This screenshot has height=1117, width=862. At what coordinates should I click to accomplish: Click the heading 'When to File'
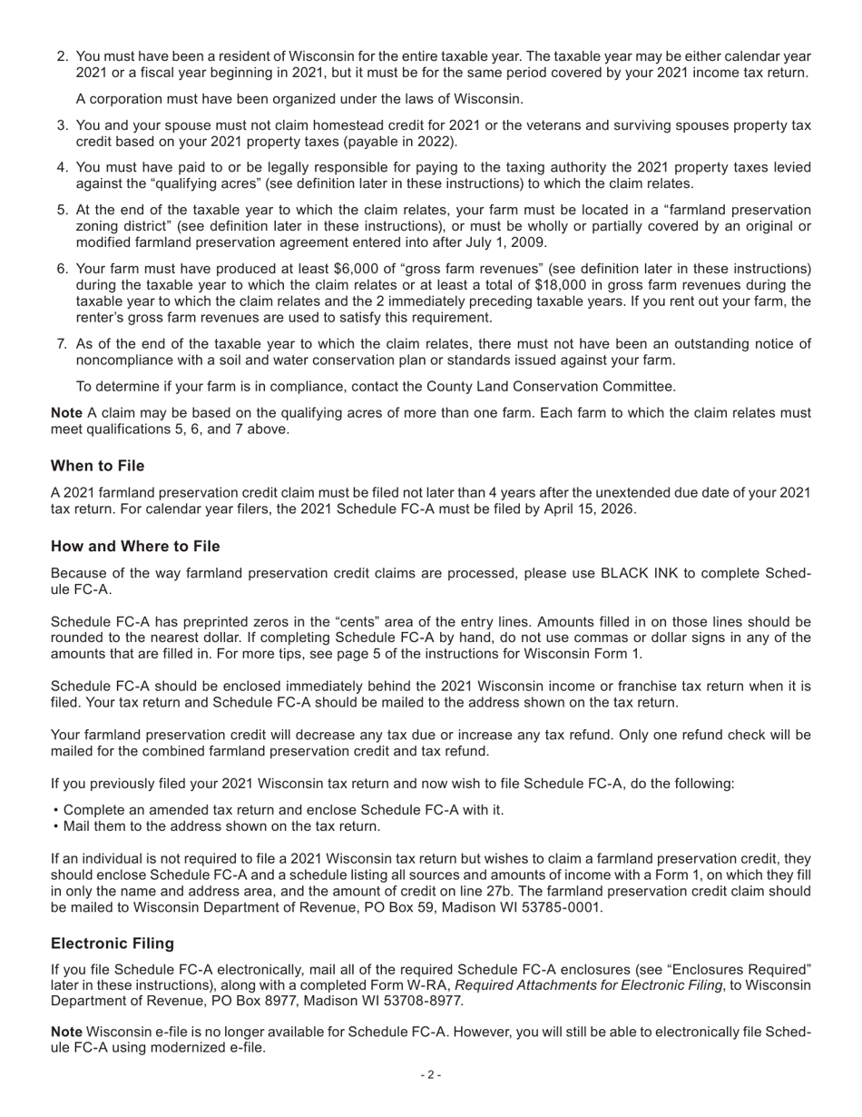pyautogui.click(x=97, y=466)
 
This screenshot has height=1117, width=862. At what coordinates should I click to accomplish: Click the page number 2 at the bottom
pyautogui.click(x=431, y=1075)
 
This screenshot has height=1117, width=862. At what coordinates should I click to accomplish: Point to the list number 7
pyautogui.click(x=63, y=343)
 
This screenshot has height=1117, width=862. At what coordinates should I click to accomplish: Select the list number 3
pyautogui.click(x=63, y=125)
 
